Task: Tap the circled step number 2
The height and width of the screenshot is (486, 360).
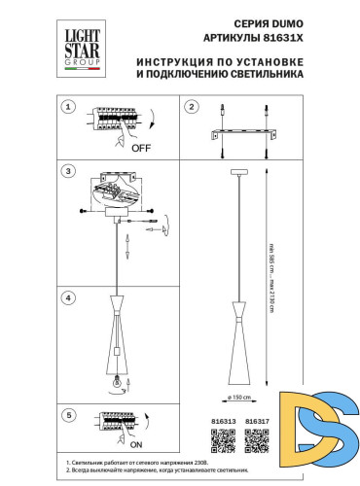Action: (192, 106)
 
